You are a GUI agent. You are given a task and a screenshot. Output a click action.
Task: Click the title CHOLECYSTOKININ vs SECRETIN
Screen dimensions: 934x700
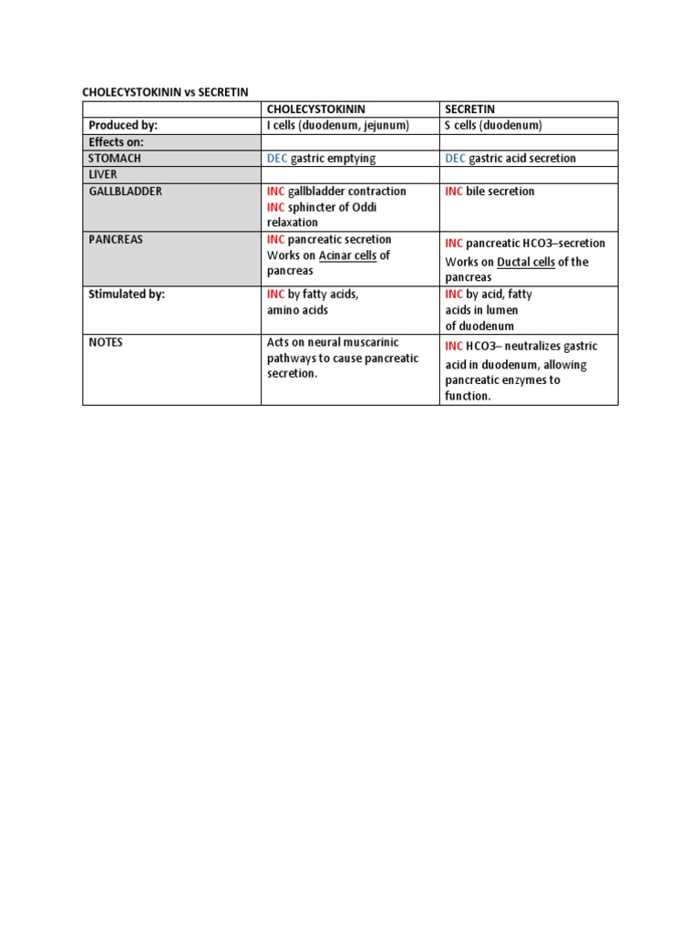[165, 92]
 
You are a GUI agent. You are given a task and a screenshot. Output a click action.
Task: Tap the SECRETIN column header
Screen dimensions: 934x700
[469, 109]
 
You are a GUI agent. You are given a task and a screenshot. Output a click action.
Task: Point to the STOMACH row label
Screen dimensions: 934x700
[115, 158]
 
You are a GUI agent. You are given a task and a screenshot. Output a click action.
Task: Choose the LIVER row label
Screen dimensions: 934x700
[103, 174]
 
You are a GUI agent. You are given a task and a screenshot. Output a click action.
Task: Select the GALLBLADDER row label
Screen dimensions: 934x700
[126, 192]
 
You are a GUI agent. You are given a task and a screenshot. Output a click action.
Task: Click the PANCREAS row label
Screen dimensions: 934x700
[116, 240]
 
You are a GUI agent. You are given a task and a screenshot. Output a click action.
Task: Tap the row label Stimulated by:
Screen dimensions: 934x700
[127, 295]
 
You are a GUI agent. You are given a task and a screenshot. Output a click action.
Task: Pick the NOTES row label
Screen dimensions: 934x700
[106, 343]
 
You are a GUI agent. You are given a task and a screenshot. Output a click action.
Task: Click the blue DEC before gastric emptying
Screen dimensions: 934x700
[277, 159]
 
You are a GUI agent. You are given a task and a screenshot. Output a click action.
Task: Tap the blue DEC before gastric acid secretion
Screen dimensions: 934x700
[455, 159]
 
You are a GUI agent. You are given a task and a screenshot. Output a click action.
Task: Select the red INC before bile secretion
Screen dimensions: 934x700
[454, 192]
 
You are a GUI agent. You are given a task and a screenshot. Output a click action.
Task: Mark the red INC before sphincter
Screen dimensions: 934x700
[275, 207]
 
